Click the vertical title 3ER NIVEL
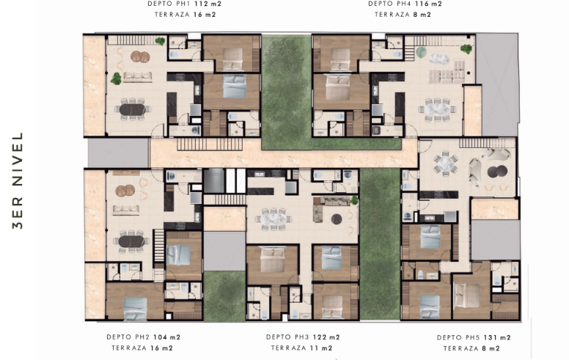click(x=18, y=180)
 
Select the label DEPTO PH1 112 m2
click(x=184, y=4)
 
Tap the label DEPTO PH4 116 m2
click(x=405, y=4)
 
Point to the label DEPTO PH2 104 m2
click(x=143, y=337)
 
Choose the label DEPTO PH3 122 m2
click(x=303, y=337)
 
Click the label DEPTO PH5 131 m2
click(x=474, y=337)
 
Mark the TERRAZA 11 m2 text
click(x=301, y=348)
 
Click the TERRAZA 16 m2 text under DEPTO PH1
click(x=185, y=15)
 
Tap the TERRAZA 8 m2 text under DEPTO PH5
click(x=471, y=348)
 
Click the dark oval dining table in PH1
click(x=132, y=109)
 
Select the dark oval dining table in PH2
click(x=131, y=241)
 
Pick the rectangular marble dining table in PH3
click(x=274, y=218)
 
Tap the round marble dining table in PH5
click(x=445, y=164)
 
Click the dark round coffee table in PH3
click(x=337, y=219)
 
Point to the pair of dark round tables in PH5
click(x=497, y=172)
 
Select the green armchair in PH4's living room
click(x=422, y=53)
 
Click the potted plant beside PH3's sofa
click(x=354, y=199)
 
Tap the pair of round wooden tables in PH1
click(x=140, y=56)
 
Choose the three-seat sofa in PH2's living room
click(x=126, y=210)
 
